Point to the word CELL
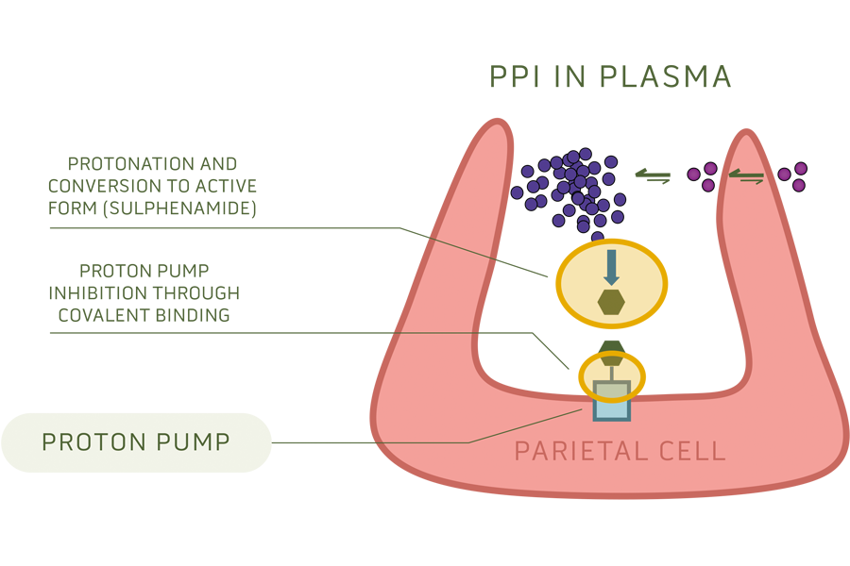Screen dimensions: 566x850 click(x=692, y=451)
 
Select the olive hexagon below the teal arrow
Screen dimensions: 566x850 click(x=611, y=302)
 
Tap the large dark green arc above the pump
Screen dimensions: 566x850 click(x=611, y=341)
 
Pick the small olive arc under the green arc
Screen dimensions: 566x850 click(x=611, y=360)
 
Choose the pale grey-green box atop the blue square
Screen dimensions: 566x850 click(x=611, y=390)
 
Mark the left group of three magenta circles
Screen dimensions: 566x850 click(x=704, y=175)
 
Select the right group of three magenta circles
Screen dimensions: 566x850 click(x=793, y=175)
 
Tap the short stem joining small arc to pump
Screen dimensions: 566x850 click(x=611, y=374)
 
